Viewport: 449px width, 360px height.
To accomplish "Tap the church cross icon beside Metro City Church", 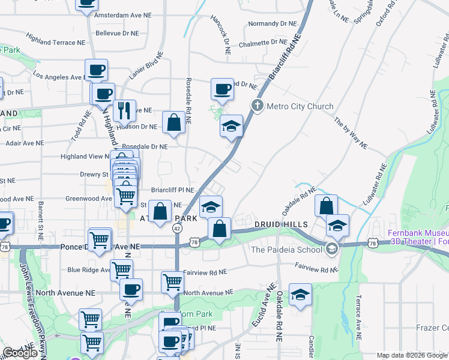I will tap(258, 106).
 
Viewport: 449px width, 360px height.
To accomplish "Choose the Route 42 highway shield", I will tap(177, 229).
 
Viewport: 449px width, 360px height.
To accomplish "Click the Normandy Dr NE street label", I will tap(273, 25).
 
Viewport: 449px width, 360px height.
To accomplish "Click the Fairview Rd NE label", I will tap(205, 272).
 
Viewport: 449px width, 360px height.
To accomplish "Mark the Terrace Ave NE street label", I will tap(358, 312).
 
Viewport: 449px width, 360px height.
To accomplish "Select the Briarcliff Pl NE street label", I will tap(172, 190).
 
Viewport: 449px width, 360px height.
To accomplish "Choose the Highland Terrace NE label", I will tap(56, 43).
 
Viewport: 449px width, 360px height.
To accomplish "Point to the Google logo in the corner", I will tap(20, 353).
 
